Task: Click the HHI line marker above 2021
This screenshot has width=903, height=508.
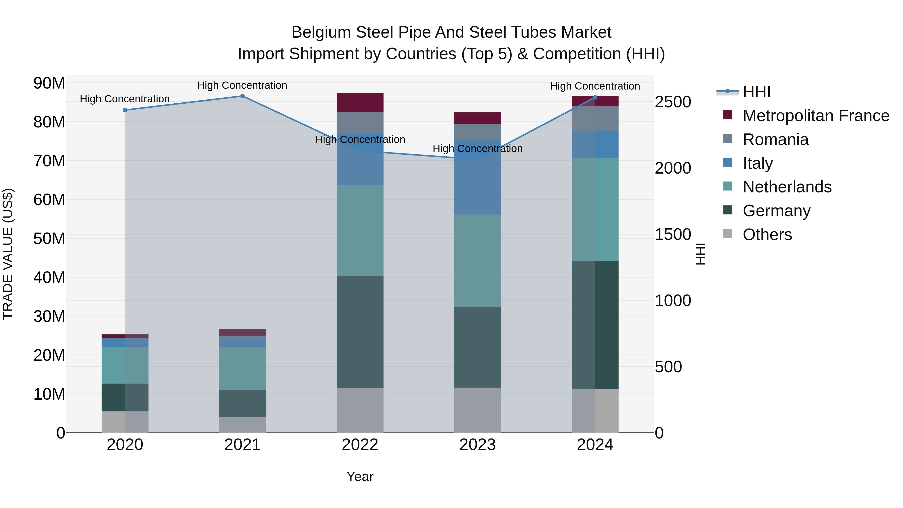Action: coord(242,96)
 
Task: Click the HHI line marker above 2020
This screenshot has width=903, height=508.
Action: coord(125,110)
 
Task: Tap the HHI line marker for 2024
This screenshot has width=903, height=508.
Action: coord(595,97)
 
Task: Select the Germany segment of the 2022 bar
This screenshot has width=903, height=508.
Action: coord(360,332)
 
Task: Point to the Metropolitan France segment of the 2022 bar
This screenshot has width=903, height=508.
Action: coord(360,103)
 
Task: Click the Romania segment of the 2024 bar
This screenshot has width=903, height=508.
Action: coord(595,118)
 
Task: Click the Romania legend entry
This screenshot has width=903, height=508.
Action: coord(775,139)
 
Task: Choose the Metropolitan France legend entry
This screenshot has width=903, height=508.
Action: coord(816,116)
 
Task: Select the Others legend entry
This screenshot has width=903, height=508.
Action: coord(767,235)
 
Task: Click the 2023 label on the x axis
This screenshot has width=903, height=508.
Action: coord(477,445)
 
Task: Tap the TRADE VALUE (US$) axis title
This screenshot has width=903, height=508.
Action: coord(8,254)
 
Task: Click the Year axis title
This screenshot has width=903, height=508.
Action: coord(360,476)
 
